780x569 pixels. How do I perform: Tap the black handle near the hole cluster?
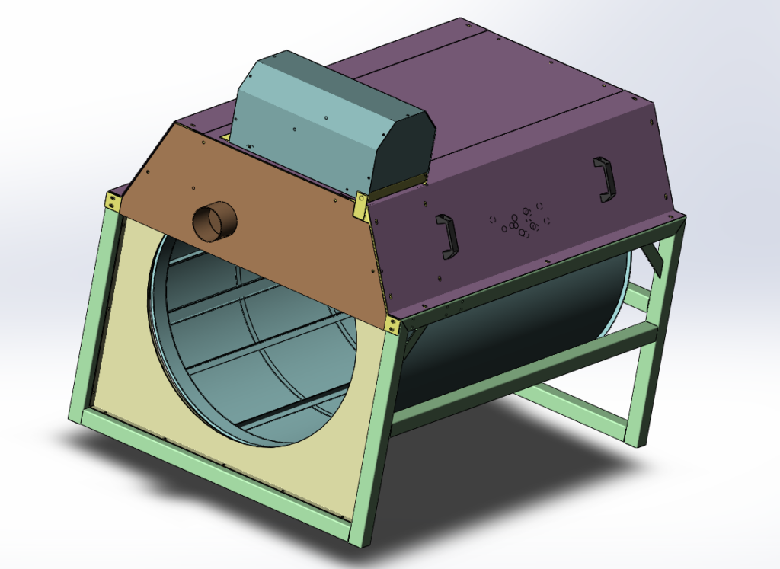click(446, 235)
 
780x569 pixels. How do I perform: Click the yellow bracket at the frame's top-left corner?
click(113, 203)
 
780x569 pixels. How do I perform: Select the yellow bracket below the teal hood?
click(361, 203)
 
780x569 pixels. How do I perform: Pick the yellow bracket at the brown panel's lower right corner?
click(393, 325)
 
